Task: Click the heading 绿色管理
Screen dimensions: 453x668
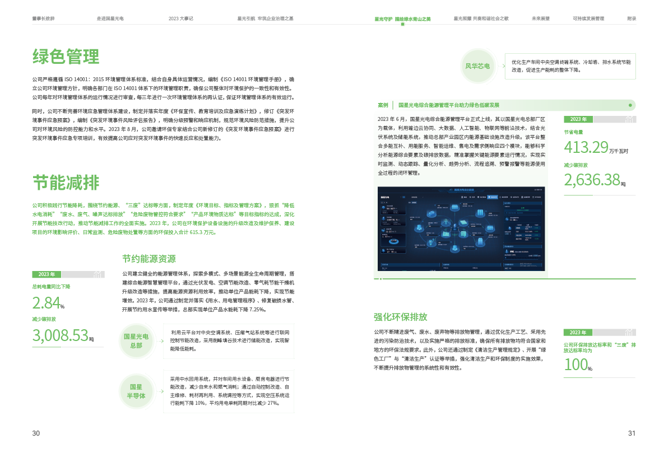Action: click(66, 57)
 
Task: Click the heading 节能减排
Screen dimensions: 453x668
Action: click(66, 183)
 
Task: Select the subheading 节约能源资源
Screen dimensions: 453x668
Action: click(149, 259)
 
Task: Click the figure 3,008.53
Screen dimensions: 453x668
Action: click(61, 335)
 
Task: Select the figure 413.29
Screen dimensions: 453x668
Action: click(586, 147)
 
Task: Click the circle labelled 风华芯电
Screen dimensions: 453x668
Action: click(477, 66)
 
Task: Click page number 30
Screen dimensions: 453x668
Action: click(36, 433)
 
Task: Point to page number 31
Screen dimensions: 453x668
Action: click(632, 433)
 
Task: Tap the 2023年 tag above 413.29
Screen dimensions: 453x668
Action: click(578, 119)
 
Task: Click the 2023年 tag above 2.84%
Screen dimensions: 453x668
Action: click(47, 274)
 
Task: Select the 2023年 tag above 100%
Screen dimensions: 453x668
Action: click(578, 332)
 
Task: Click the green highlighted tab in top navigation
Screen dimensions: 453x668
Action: click(402, 19)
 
